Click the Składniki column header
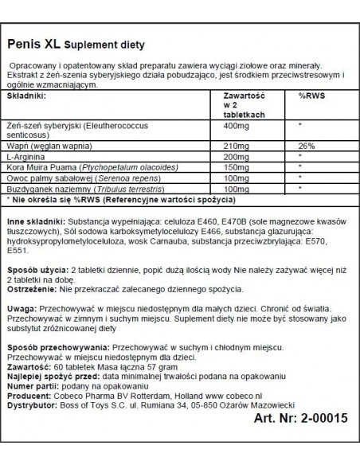click(x=28, y=93)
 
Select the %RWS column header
click(x=308, y=93)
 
